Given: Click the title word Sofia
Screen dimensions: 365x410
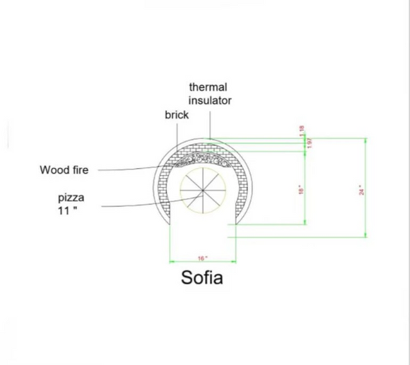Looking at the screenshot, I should click(x=202, y=277).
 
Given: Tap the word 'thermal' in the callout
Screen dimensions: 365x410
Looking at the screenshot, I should click(x=208, y=87).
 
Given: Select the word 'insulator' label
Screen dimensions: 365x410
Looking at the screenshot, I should click(x=209, y=100).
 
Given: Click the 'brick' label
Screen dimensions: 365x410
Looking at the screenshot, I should click(x=177, y=114).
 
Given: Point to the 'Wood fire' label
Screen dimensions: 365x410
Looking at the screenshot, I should click(x=64, y=170).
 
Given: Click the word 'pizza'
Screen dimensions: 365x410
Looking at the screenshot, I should click(x=71, y=198).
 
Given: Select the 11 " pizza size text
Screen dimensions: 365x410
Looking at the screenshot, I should click(x=68, y=211).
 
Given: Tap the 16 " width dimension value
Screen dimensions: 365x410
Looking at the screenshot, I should click(x=202, y=258).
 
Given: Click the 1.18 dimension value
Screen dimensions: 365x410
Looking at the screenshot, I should click(x=302, y=130).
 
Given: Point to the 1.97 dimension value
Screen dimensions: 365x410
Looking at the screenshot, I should click(x=309, y=142).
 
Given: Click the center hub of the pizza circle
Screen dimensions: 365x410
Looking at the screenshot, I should click(x=203, y=190).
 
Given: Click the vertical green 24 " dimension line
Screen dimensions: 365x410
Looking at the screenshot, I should click(x=365, y=188).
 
